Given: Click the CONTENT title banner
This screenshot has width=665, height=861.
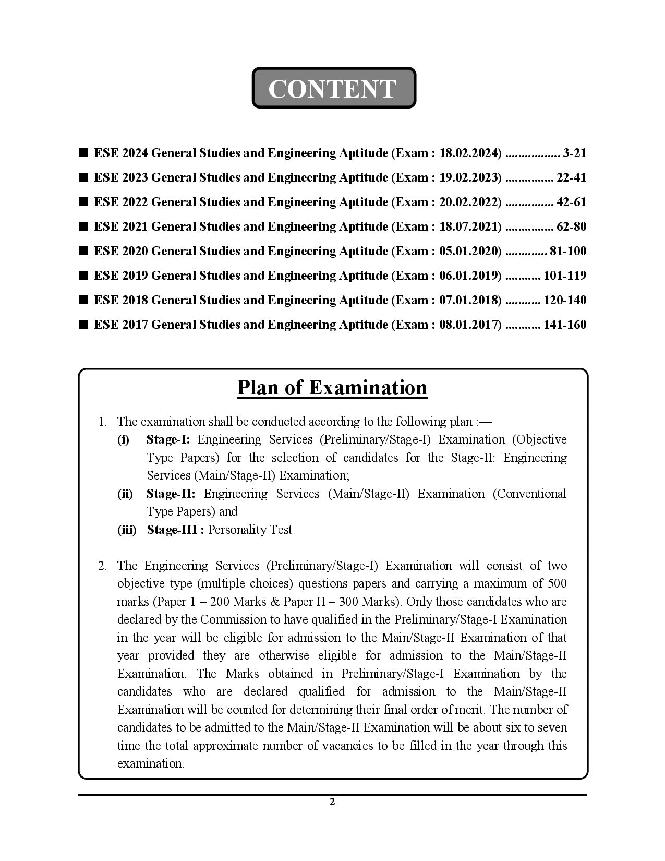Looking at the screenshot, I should [x=333, y=88].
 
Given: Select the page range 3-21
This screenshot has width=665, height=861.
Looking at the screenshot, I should [x=574, y=153].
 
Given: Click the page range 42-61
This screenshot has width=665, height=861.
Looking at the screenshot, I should [x=571, y=202].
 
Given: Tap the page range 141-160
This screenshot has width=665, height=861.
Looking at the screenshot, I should [x=564, y=325].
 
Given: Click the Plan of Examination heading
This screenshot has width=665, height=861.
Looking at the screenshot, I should [x=332, y=388].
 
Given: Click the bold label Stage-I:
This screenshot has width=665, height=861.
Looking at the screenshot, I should [x=168, y=439].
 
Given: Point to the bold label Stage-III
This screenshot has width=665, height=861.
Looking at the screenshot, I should [x=175, y=530].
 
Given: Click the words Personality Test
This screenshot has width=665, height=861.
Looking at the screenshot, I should [x=250, y=530].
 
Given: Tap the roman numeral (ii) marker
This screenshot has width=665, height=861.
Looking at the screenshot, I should [x=125, y=494].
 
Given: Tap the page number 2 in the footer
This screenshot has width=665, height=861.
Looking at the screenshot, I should [x=332, y=802].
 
